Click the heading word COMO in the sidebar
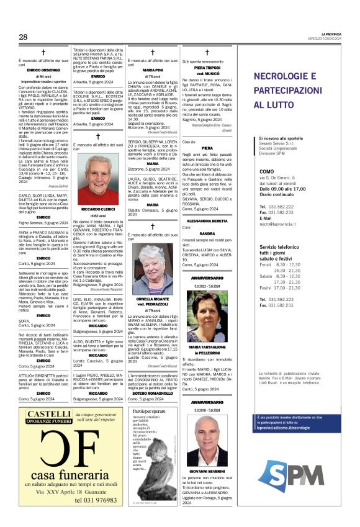tap(267, 171)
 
